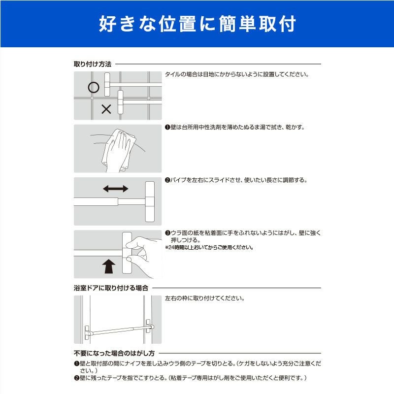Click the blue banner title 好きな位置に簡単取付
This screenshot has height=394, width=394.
pyautogui.click(x=197, y=24)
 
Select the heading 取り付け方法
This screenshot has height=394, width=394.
pyautogui.click(x=93, y=64)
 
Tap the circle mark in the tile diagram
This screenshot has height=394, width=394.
pyautogui.click(x=94, y=88)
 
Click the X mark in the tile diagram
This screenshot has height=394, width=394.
pyautogui.click(x=106, y=109)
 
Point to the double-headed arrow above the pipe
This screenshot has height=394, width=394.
pyautogui.click(x=116, y=189)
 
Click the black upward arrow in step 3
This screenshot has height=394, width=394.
pyautogui.click(x=109, y=266)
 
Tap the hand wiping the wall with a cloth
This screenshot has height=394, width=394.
pyautogui.click(x=118, y=150)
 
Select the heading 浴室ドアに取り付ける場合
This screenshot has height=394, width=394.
pyautogui.click(x=111, y=288)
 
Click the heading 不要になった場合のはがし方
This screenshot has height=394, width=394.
pyautogui.click(x=114, y=353)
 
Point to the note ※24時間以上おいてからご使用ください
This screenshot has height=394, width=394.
pyautogui.click(x=209, y=248)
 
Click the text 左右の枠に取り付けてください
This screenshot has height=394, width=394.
pyautogui.click(x=204, y=298)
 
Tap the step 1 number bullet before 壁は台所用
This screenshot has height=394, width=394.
pyautogui.click(x=167, y=128)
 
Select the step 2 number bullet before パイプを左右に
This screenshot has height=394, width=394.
pyautogui.click(x=167, y=180)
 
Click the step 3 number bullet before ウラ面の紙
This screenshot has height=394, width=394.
pyautogui.click(x=167, y=233)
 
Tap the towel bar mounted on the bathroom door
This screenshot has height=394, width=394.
pyautogui.click(x=119, y=329)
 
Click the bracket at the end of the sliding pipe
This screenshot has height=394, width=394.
pyautogui.click(x=150, y=202)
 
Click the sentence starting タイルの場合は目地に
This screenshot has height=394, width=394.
pyautogui.click(x=237, y=74)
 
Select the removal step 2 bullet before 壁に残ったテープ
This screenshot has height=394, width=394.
pyautogui.click(x=77, y=378)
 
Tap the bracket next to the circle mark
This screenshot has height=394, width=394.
pyautogui.click(x=107, y=84)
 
